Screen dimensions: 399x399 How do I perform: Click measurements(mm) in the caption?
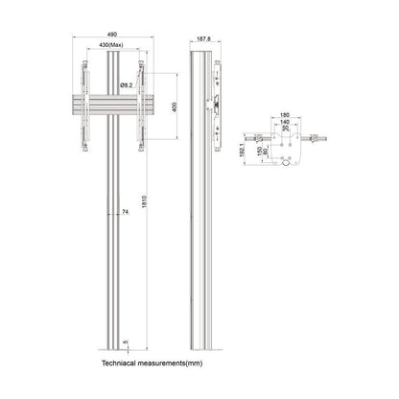tap(180, 364)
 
